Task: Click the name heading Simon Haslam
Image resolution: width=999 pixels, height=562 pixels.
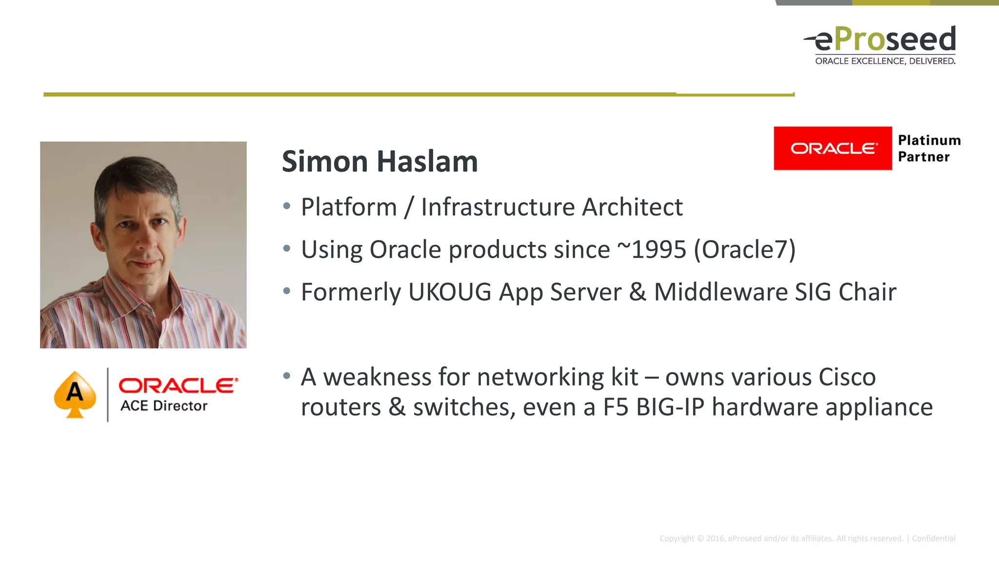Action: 380,161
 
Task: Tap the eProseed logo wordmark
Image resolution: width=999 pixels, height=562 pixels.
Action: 884,39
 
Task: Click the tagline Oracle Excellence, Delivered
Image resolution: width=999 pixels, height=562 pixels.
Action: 885,61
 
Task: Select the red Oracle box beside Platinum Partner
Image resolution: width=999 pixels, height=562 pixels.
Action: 833,148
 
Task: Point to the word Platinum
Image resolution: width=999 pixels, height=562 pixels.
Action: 929,140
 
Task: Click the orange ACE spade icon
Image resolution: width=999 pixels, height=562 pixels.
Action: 75,394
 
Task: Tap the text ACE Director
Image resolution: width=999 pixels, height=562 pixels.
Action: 164,406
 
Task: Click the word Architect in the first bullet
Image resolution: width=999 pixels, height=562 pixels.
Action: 632,207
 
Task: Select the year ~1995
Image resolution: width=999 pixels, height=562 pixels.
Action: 652,249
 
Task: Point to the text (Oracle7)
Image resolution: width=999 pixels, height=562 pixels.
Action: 745,249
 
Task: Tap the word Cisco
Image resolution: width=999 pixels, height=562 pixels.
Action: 847,377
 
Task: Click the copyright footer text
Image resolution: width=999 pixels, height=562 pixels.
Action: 807,539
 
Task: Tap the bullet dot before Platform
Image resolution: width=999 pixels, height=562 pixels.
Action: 287,206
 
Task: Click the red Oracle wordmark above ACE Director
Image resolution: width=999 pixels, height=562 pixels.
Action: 178,385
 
